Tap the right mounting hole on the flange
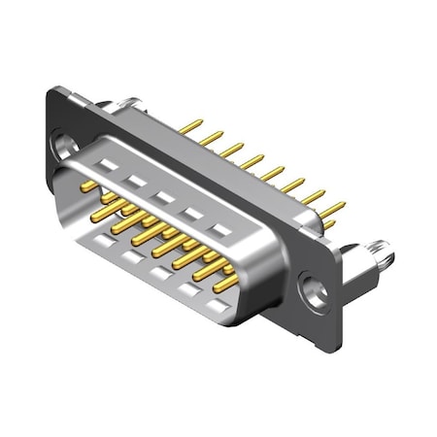click(x=314, y=287)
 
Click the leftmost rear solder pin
click(x=194, y=127)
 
